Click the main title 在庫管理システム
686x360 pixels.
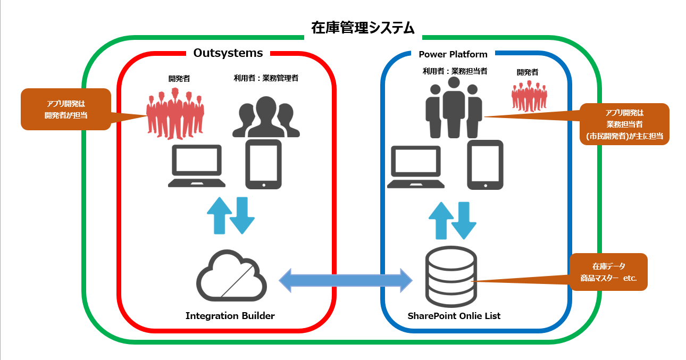363,28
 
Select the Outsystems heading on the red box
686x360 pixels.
228,53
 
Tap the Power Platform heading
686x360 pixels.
453,54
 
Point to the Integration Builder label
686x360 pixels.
230,316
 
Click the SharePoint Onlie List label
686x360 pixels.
454,316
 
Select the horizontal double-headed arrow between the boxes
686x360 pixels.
346,280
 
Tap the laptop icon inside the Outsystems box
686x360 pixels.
197,166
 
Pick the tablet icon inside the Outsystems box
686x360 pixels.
263,164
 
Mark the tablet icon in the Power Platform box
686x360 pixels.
485,165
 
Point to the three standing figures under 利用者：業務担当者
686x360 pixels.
454,108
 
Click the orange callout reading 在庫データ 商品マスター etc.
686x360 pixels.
608,272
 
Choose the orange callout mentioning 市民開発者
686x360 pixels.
624,124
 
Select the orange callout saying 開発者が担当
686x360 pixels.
65,109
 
